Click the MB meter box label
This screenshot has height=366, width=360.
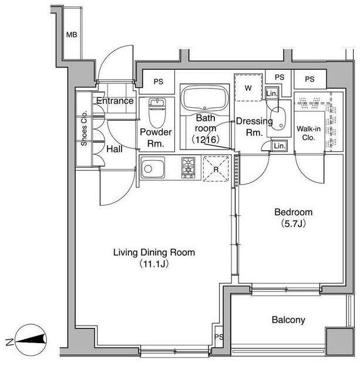[x=72, y=35]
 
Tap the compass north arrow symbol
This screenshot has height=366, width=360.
[x=31, y=340]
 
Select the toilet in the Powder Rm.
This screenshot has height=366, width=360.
[x=157, y=113]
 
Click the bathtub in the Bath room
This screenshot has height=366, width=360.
[x=204, y=97]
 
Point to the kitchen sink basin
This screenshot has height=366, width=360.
[x=152, y=168]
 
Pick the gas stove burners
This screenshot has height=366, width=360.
[x=189, y=168]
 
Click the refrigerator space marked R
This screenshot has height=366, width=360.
[x=216, y=169]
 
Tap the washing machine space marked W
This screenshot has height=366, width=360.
[x=248, y=88]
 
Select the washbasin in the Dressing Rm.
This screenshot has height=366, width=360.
[x=278, y=118]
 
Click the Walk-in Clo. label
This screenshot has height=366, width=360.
[x=308, y=133]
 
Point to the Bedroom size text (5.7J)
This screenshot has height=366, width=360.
[x=294, y=223]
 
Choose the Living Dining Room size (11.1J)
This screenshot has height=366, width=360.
[x=154, y=264]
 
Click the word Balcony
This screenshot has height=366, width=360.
[x=288, y=320]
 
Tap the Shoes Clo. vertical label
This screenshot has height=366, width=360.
[x=84, y=128]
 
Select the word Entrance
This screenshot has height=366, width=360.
[x=115, y=101]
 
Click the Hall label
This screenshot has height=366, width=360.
[x=115, y=149]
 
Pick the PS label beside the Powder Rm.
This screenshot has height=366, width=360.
[x=158, y=82]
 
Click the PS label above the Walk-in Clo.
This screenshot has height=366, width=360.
[x=309, y=79]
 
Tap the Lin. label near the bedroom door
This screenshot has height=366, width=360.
[x=280, y=146]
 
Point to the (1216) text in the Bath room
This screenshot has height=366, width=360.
[x=206, y=140]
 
